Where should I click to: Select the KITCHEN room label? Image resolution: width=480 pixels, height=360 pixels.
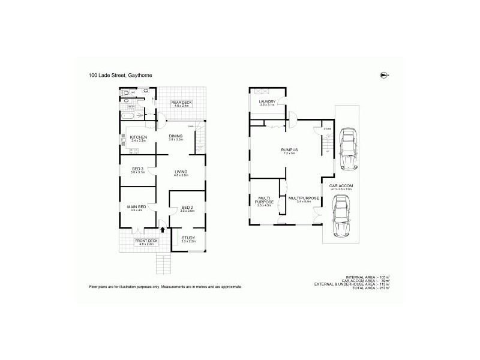[139, 137]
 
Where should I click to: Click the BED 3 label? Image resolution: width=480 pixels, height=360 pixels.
[138, 169]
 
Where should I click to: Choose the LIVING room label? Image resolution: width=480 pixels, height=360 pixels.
[181, 172]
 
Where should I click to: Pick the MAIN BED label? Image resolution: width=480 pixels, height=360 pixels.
[136, 207]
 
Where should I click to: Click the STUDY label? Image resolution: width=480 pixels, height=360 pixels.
[188, 238]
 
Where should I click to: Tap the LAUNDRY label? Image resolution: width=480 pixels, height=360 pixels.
[267, 101]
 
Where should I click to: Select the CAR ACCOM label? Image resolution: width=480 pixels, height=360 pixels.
[341, 186]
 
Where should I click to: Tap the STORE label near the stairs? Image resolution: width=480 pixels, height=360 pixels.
[327, 128]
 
